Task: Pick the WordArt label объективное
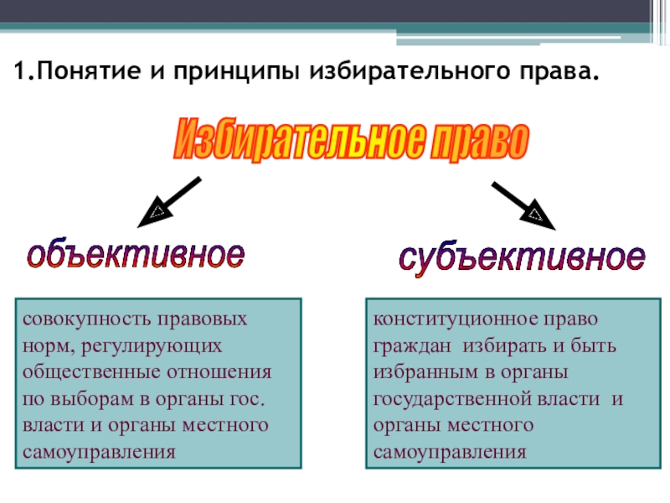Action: coord(137,254)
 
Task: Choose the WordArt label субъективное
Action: coord(521,257)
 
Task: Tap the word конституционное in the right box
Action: coord(437,320)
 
